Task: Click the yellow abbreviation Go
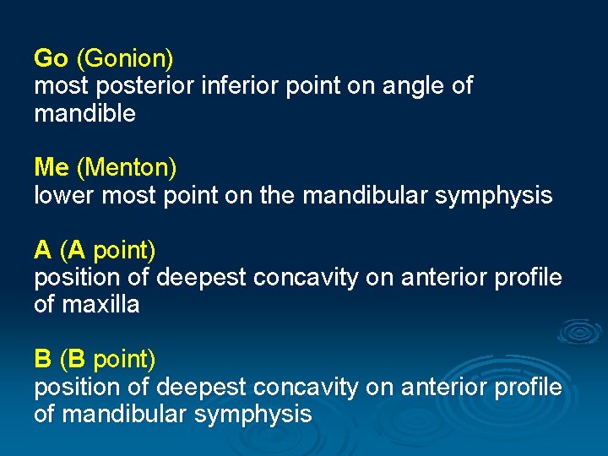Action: [x=51, y=59]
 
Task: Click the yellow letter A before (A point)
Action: [x=42, y=251]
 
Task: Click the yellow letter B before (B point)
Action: [x=42, y=360]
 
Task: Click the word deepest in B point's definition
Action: [x=199, y=388]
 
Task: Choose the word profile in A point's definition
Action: [x=528, y=278]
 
